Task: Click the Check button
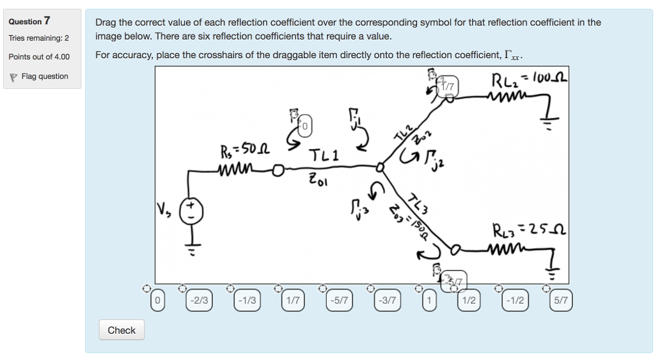click(x=122, y=331)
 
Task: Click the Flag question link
click(x=44, y=77)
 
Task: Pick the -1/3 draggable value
click(x=246, y=301)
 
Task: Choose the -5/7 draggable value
click(x=340, y=301)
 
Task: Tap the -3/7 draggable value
click(x=387, y=301)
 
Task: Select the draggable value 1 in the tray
click(x=430, y=301)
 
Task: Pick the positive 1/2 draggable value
click(x=468, y=301)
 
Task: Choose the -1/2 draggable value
click(x=515, y=301)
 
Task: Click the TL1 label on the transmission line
click(x=325, y=156)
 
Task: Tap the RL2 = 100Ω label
click(x=528, y=81)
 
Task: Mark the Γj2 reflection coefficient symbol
click(x=428, y=156)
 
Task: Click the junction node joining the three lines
click(x=380, y=168)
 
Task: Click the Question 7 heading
click(x=29, y=21)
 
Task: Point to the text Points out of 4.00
click(x=39, y=57)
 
